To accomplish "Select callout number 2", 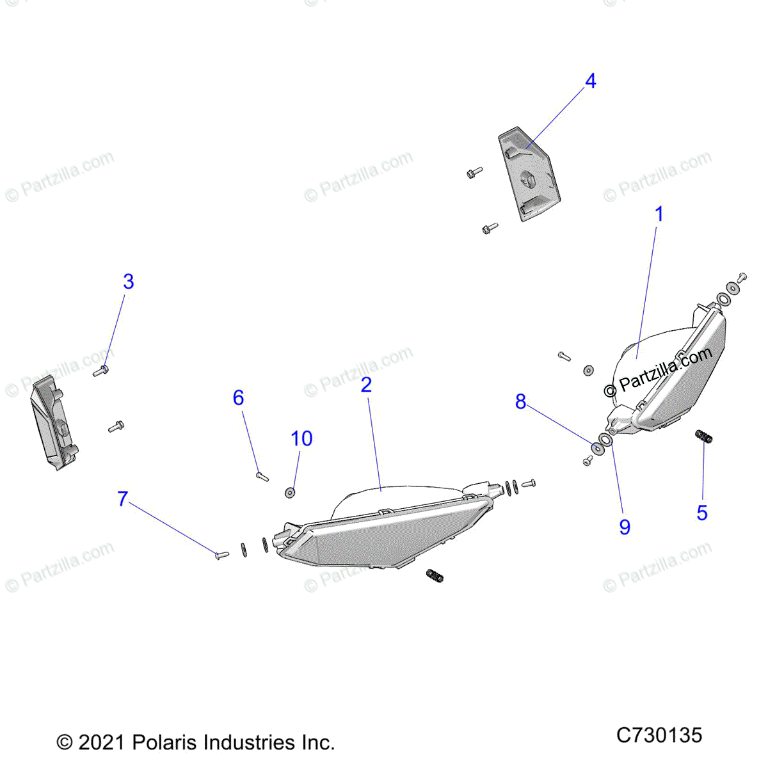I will click(x=366, y=385).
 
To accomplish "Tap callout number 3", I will click(x=129, y=282).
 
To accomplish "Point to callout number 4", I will click(x=591, y=81).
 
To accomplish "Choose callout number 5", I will click(x=702, y=513).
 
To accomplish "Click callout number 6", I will click(x=238, y=398).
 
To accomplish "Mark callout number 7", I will click(x=123, y=499).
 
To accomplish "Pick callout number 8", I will click(x=520, y=402).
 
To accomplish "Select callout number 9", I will click(x=625, y=527).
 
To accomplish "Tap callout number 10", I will click(x=301, y=439).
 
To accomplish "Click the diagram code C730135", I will click(x=659, y=735).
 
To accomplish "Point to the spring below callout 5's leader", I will click(x=704, y=437).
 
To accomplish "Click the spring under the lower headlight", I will click(x=435, y=575).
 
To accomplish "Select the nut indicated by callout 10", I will click(x=290, y=492).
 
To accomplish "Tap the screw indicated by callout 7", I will click(x=221, y=556).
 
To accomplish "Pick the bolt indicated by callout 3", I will click(x=100, y=371).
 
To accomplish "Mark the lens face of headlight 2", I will click(x=397, y=531).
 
